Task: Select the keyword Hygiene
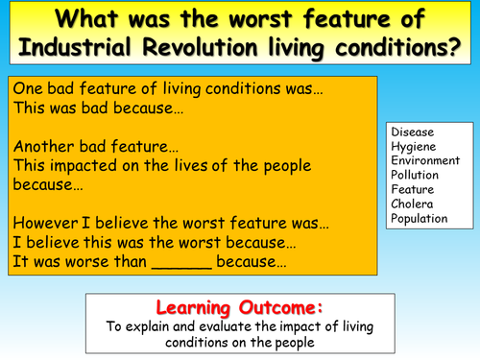[x=412, y=146]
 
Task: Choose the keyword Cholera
[x=412, y=204]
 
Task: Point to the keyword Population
[x=420, y=218]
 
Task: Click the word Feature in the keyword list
[x=412, y=189]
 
